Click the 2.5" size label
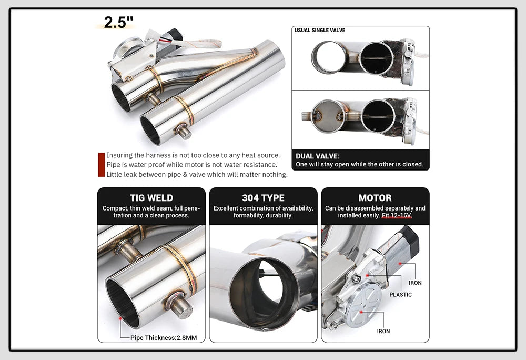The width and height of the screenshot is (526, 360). coord(119,23)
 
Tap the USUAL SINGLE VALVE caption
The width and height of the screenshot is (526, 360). coord(320,31)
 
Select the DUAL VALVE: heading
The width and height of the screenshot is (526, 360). coord(317,156)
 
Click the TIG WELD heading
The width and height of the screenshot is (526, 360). coord(151,198)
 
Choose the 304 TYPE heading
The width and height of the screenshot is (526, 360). coord(263,198)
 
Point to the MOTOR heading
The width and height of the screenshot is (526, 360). coord(375,198)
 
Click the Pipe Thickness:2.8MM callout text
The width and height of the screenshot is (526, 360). coord(164,337)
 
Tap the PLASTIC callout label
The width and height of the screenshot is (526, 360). coord(400,295)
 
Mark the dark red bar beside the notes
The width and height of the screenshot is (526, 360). coord(102,165)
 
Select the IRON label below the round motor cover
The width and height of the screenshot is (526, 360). coord(383,331)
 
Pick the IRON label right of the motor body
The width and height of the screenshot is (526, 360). coord(415,283)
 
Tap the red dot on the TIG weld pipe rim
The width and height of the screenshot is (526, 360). coord(120,318)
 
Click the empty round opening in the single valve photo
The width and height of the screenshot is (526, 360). coord(328,58)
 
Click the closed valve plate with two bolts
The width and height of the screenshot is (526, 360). coord(328,116)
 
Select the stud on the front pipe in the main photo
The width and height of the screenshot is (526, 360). coord(184,132)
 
